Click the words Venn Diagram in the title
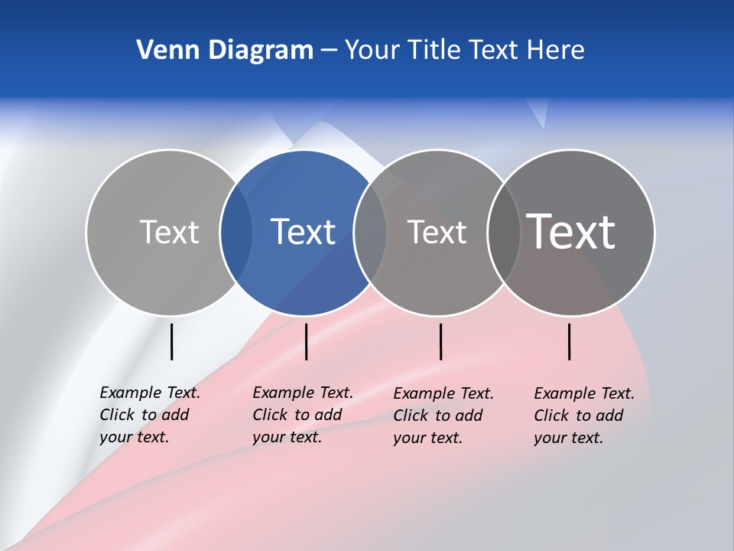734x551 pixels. [x=225, y=51]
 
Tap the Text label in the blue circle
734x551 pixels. [x=304, y=232]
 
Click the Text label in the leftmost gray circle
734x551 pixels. [x=169, y=232]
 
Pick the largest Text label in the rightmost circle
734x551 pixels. [x=571, y=231]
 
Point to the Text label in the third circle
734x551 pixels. [x=437, y=232]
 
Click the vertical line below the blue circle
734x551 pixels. [x=306, y=341]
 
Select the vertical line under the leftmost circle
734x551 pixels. [x=171, y=341]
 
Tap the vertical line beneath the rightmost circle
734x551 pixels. [x=570, y=341]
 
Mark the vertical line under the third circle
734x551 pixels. [x=440, y=341]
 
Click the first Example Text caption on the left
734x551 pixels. [x=150, y=415]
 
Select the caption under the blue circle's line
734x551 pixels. [x=303, y=415]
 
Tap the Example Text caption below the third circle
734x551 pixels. [x=443, y=416]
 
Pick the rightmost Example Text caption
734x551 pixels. [x=584, y=416]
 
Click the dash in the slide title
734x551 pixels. [x=329, y=51]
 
